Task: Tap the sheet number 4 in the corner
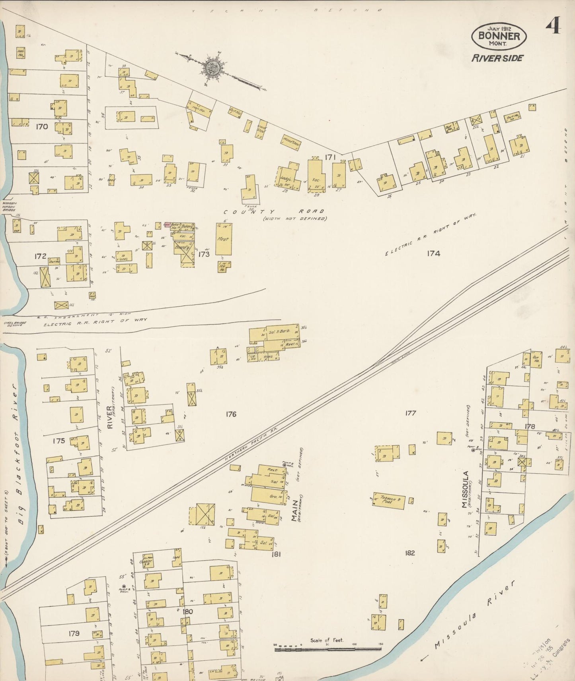[x=553, y=28]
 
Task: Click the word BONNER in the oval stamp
[x=499, y=36]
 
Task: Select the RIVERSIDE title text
[x=497, y=58]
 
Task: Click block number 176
[x=231, y=414]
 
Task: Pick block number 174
[x=433, y=253]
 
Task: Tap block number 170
[x=42, y=127]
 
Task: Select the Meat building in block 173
[x=223, y=239]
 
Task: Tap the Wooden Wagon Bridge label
[x=10, y=206]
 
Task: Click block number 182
[x=410, y=553]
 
